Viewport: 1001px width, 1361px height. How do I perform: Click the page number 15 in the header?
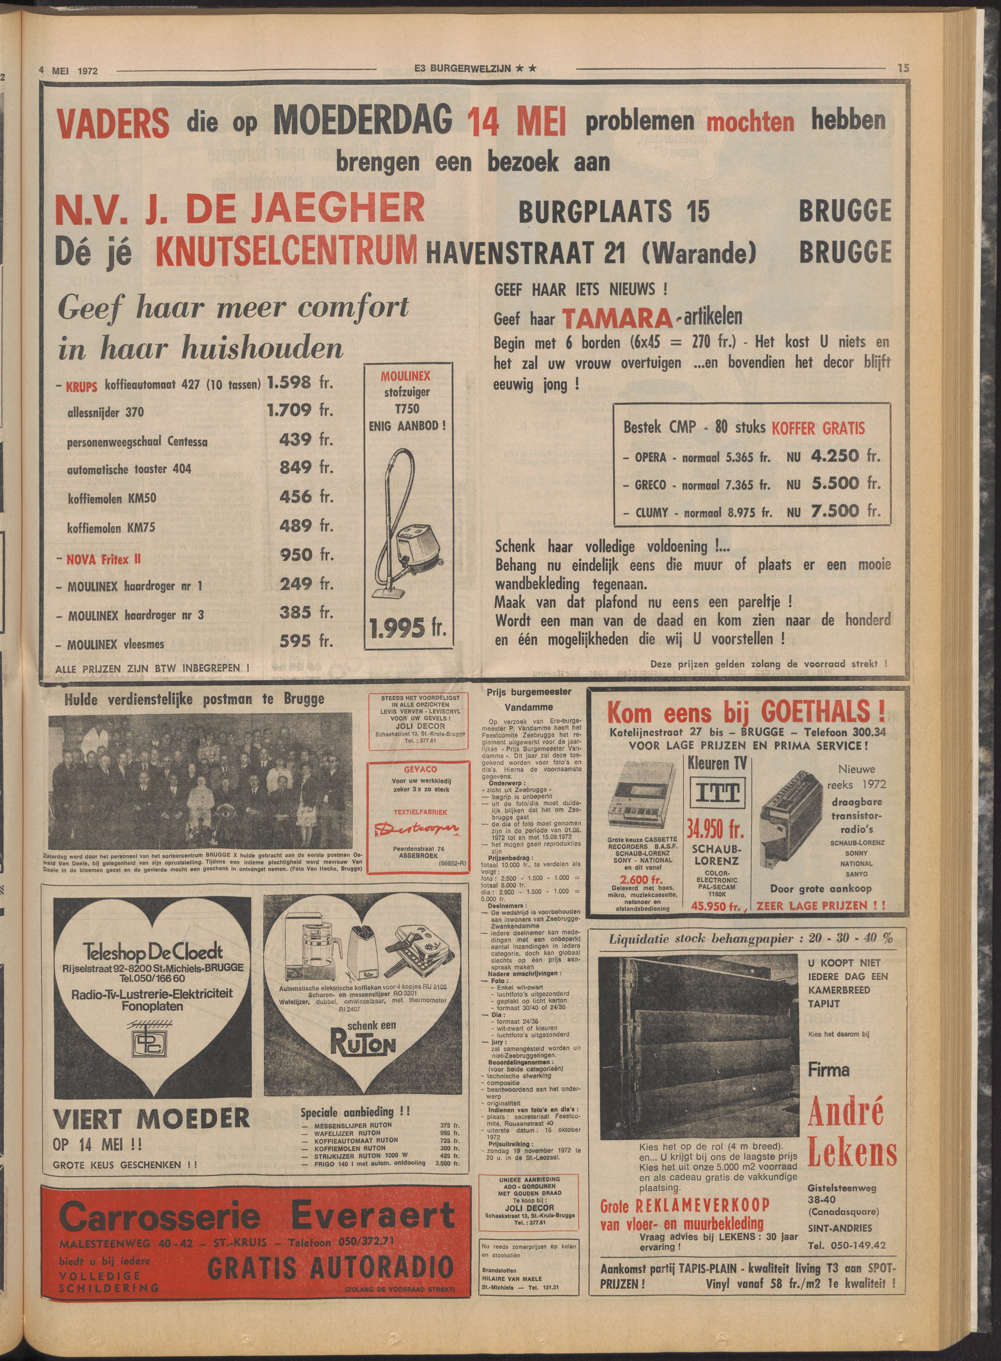point(903,69)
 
